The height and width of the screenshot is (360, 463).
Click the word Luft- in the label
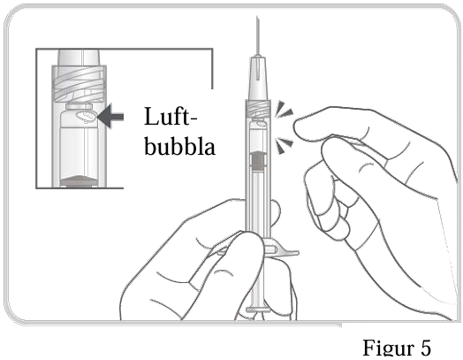[171, 117]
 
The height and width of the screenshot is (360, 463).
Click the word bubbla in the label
[179, 145]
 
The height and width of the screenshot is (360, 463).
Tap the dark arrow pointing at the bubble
[110, 116]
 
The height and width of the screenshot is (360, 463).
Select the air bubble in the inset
[86, 117]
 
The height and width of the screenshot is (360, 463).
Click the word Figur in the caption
[387, 348]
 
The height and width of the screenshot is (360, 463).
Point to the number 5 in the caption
[425, 347]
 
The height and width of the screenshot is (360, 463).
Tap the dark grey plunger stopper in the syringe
[258, 160]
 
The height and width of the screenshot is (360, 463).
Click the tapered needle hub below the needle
[258, 78]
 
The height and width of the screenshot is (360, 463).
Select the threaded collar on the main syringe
[258, 108]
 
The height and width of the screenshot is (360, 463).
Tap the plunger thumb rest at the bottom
[257, 310]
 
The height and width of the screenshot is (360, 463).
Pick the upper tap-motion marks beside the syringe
[284, 110]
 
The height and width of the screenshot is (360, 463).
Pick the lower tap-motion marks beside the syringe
[284, 145]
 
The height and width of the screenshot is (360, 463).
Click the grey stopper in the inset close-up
[79, 181]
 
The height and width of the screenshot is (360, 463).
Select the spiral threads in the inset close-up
[79, 85]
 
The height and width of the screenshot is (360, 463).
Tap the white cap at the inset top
[79, 57]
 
